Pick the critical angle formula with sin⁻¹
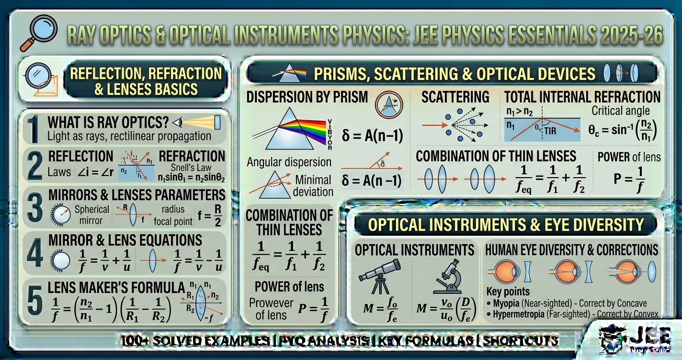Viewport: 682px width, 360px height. coord(622,130)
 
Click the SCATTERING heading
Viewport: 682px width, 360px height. coord(455,97)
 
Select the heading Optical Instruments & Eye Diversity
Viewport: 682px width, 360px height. coord(506,225)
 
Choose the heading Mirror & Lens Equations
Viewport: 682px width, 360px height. coord(125,239)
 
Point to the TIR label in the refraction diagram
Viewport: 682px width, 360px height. coord(550,131)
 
